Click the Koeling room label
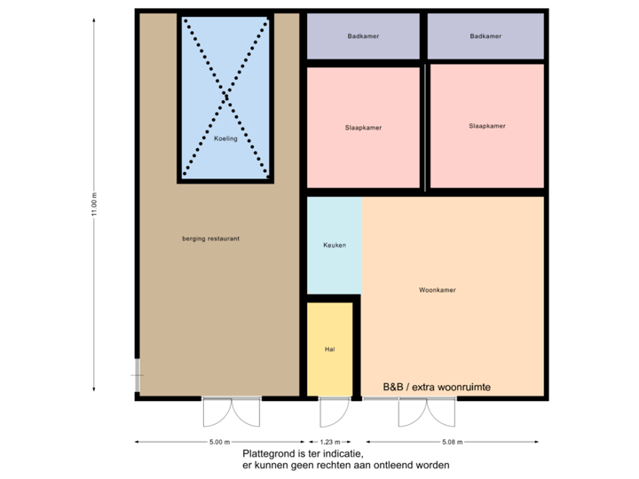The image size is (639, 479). [225, 138]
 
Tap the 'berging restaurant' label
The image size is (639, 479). [210, 239]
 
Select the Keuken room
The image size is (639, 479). [335, 245]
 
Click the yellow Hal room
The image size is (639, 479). [329, 349]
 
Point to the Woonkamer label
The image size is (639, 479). [437, 290]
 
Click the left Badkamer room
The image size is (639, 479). [363, 36]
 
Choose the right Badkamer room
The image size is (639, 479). [485, 36]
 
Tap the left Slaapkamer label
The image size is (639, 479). [363, 128]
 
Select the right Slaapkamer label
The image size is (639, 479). [486, 126]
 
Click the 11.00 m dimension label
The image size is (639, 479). [94, 205]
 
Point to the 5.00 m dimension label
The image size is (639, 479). [219, 442]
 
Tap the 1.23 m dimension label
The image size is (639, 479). [329, 442]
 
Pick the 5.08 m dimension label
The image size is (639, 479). [452, 442]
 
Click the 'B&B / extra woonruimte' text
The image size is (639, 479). [437, 388]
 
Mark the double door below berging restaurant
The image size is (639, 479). [232, 412]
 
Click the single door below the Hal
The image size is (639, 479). [331, 412]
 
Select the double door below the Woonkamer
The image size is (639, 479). [427, 412]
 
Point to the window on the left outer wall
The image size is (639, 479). [136, 375]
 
